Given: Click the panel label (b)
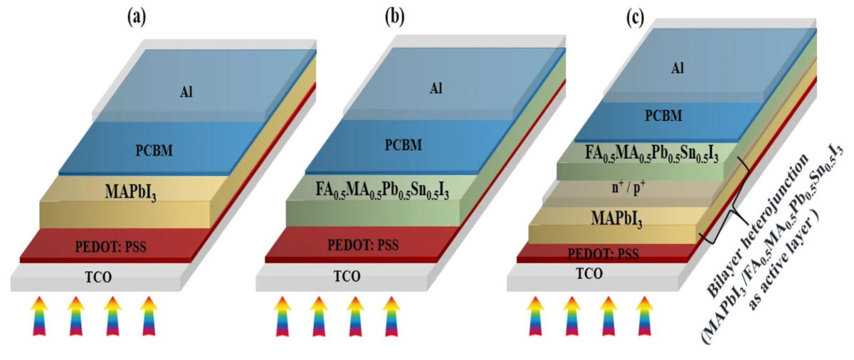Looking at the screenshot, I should pyautogui.click(x=393, y=16).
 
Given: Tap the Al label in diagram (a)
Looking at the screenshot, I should pyautogui.click(x=186, y=91).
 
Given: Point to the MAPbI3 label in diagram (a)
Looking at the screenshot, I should pyautogui.click(x=130, y=191).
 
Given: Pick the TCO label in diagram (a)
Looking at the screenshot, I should pyautogui.click(x=89, y=276).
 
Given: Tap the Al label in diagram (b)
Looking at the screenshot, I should pyautogui.click(x=435, y=88).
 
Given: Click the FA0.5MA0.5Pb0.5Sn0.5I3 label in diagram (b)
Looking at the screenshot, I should pyautogui.click(x=382, y=191).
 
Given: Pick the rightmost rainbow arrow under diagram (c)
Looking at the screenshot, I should pyautogui.click(x=644, y=315).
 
